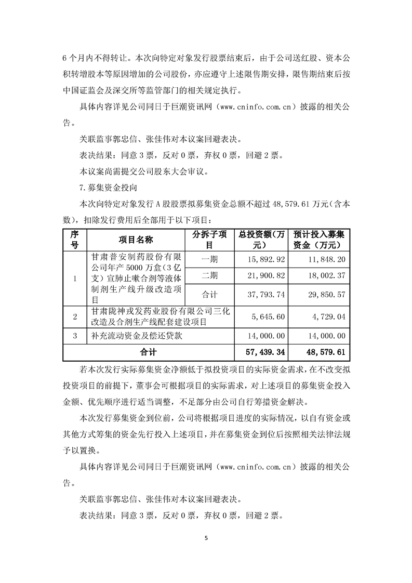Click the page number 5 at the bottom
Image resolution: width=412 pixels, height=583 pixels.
(x=206, y=538)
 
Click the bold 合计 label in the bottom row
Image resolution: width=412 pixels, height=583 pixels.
(x=149, y=352)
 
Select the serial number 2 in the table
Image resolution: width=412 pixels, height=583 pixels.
(x=75, y=316)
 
